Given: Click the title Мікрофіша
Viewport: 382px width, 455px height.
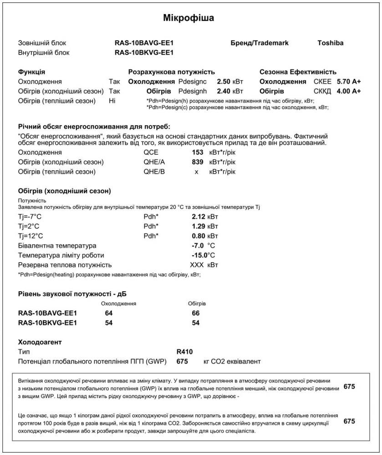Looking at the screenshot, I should tap(188, 18).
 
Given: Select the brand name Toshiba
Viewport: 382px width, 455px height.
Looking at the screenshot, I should tap(330, 43).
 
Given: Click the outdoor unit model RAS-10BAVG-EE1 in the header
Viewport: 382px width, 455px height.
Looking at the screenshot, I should tap(144, 43).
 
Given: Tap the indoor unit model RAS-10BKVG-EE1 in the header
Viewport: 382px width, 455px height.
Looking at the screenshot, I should tap(144, 53).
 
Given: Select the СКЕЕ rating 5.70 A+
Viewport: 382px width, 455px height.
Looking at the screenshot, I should tap(349, 82).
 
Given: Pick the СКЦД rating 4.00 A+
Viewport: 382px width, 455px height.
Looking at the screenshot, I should tap(349, 91).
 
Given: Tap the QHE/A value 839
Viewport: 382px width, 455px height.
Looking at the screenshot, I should tap(197, 162).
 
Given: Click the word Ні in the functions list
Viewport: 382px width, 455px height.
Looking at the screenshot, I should tap(112, 101).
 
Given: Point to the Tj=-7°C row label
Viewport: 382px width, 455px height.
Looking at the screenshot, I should tap(30, 217).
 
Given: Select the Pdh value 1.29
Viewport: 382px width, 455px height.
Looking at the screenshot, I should tap(199, 226).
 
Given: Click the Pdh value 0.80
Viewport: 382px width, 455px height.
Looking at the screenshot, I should tap(199, 236).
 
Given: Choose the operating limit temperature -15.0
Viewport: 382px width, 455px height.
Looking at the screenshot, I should tap(200, 255).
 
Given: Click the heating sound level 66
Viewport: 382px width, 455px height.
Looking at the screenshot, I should tap(196, 313).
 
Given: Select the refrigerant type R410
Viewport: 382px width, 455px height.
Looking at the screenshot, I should tap(184, 352).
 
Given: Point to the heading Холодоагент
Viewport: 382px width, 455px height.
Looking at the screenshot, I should tap(40, 342).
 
